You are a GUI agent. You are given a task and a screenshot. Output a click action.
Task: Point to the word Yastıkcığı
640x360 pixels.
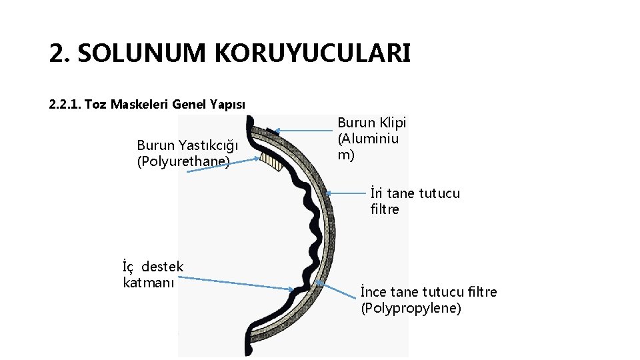207,145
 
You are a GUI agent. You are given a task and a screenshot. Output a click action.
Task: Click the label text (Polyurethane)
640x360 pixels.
183,161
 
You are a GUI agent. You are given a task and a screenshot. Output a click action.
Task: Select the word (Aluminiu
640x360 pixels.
368,139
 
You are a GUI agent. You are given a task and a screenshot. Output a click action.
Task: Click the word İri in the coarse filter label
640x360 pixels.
376,193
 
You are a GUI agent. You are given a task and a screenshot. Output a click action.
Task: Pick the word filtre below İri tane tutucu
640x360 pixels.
385,209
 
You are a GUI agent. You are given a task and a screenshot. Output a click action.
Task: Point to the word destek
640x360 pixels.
163,267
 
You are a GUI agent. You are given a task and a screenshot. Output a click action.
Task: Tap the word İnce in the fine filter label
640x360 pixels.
374,292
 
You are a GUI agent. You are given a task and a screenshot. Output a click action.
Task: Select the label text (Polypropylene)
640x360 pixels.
411,308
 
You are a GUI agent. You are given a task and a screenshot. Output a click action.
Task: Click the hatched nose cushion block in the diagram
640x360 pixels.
269,161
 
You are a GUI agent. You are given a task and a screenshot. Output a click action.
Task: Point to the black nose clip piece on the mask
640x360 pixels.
271,132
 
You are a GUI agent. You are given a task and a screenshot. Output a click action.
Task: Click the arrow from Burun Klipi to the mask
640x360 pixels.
303,131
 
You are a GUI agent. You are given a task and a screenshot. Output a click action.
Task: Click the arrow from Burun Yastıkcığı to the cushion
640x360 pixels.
223,166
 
